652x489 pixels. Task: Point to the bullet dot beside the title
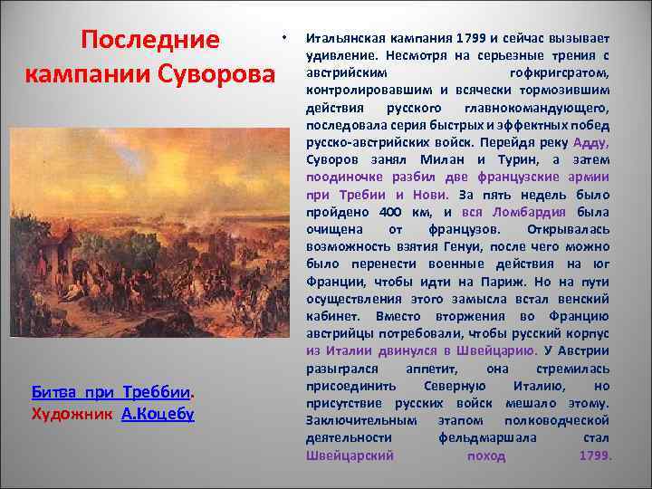click(284, 38)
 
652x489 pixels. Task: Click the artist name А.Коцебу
click(157, 414)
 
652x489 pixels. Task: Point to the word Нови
click(432, 195)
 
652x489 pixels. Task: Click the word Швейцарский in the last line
click(350, 455)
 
